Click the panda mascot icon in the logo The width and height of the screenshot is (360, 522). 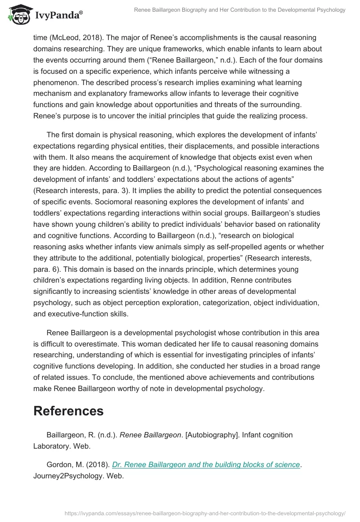(18, 14)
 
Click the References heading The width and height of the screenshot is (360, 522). (68, 411)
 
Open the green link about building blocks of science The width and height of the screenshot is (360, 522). (206, 464)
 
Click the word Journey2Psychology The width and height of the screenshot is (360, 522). (68, 475)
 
